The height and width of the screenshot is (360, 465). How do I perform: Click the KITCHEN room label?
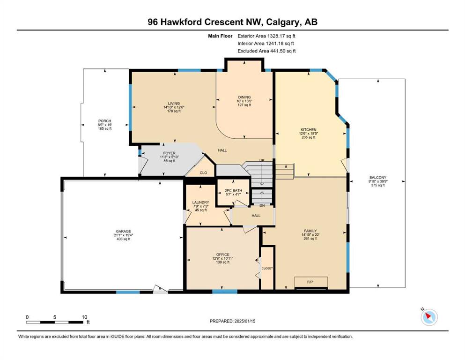309,130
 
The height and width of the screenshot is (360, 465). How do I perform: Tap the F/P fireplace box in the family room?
311,282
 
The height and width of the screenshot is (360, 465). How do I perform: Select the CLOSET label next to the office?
267,268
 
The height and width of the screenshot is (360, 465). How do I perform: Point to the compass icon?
429,317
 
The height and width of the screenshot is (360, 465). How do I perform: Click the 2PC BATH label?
233,190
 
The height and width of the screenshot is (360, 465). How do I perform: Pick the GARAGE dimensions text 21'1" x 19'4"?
123,235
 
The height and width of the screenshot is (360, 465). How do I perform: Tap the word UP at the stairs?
262,161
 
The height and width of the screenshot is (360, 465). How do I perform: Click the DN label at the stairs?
262,205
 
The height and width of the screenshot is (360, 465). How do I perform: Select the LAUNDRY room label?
201,202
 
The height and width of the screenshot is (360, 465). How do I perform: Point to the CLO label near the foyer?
203,172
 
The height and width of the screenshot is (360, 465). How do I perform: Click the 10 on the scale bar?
84,317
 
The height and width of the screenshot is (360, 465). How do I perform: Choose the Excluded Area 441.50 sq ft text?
266,51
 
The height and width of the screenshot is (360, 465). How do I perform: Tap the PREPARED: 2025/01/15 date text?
232,321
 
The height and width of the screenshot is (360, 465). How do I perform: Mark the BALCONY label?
378,178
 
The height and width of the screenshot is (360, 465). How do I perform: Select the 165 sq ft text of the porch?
105,128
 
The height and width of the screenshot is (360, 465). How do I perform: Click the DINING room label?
244,97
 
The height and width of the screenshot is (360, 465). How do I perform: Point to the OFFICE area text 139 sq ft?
223,262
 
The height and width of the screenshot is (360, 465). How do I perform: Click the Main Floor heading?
220,36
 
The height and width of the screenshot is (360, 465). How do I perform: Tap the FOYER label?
170,153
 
